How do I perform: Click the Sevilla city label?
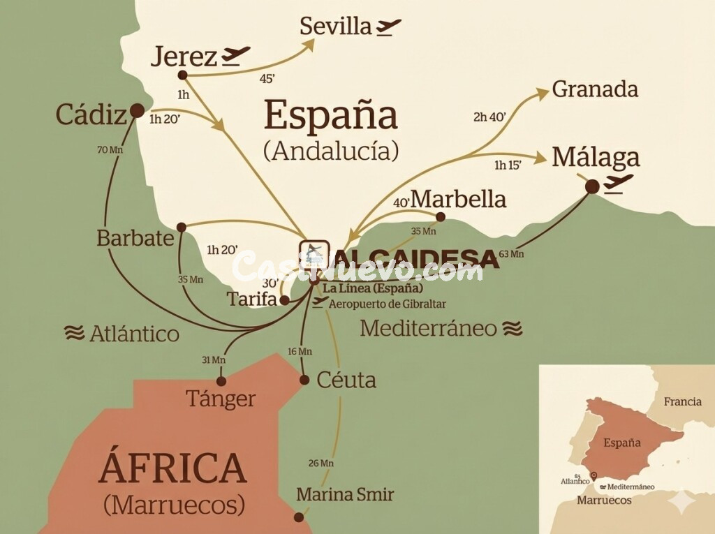click(335, 27)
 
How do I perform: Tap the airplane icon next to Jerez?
click(236, 55)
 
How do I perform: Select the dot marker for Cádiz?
click(138, 110)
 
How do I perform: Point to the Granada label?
click(595, 89)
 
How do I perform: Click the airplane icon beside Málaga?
click(619, 182)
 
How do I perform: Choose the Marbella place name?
click(458, 199)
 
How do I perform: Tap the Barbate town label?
click(135, 238)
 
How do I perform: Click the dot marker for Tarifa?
click(285, 300)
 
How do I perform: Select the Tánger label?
click(221, 399)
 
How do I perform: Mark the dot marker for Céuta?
click(304, 380)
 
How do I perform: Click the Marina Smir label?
click(345, 495)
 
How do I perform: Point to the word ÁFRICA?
click(172, 468)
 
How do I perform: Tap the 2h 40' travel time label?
click(489, 117)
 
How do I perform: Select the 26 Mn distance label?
click(321, 463)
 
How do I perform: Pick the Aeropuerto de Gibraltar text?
click(387, 304)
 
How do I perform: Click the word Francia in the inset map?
click(682, 401)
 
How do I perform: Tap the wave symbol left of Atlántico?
click(74, 333)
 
